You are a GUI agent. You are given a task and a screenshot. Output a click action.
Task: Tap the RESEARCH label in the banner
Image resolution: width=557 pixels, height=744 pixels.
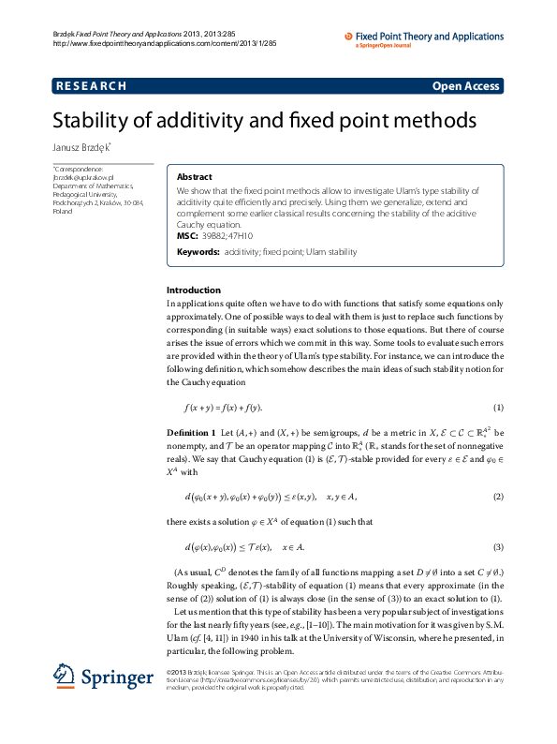point(91,86)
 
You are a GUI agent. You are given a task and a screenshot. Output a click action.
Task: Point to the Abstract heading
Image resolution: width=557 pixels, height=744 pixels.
point(194,177)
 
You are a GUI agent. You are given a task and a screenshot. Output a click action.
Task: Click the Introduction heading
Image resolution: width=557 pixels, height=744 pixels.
point(194,290)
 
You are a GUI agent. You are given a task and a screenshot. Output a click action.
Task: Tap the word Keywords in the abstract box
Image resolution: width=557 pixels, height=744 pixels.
point(198,252)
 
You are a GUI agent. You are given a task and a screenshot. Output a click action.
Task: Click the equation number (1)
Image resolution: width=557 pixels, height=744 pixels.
point(499,408)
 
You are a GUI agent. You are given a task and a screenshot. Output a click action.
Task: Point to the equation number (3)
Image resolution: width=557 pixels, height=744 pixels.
point(499,546)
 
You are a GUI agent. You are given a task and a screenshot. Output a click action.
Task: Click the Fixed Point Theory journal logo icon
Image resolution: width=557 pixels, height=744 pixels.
point(349,36)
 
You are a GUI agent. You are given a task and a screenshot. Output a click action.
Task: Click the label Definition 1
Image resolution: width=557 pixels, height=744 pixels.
point(191,433)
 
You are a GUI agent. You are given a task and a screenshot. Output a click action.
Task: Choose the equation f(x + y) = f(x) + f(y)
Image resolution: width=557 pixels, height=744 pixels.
point(223,408)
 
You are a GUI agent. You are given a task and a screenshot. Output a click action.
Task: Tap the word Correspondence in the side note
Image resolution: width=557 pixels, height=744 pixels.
point(79,168)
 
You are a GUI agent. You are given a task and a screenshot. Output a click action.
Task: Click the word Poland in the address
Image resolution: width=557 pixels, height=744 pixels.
point(63,212)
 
